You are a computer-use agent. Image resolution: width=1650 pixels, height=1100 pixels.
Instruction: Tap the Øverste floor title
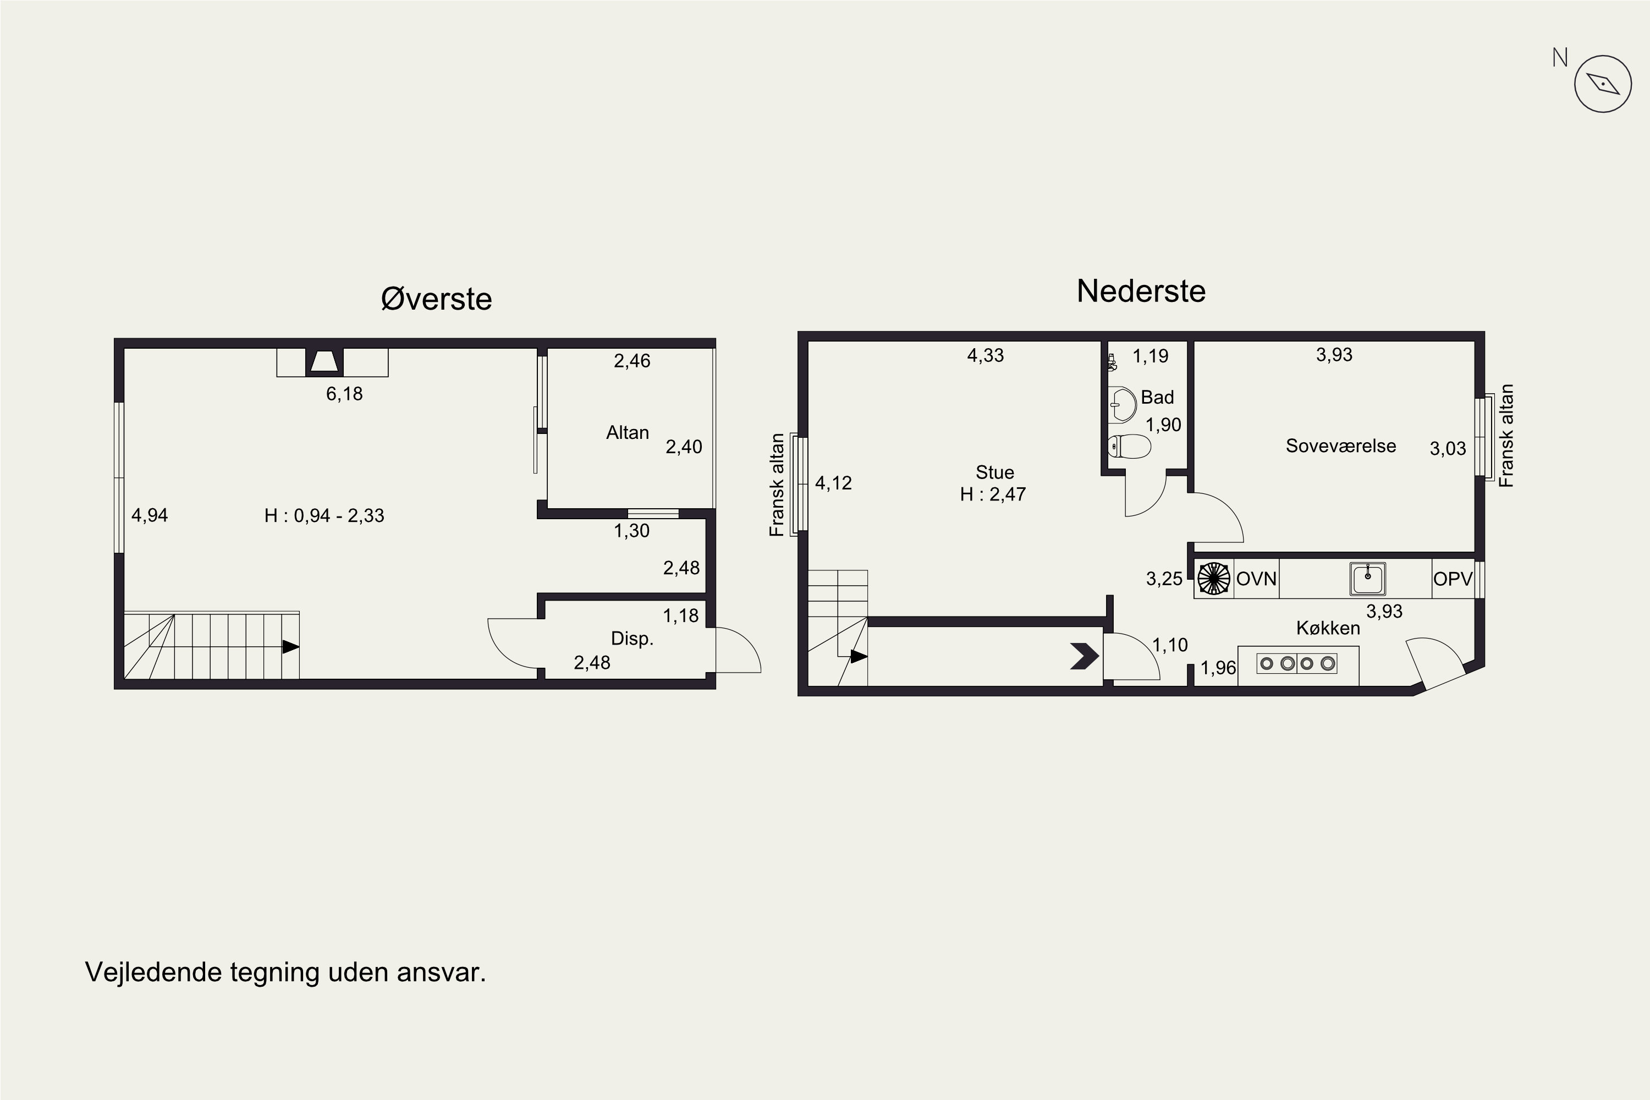(436, 299)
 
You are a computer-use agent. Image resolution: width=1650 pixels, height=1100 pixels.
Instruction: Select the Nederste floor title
(1141, 291)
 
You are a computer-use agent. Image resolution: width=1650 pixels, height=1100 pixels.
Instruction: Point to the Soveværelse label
(1341, 446)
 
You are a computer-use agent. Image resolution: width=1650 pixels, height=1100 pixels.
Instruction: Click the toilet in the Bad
(1130, 446)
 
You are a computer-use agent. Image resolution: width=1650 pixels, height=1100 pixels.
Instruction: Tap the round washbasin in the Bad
(1123, 404)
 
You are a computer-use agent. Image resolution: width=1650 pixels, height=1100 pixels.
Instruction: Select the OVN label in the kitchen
(1256, 579)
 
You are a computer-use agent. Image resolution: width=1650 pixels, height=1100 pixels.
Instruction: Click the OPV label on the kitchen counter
(1453, 579)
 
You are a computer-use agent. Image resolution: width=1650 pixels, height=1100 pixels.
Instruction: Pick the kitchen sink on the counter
(1367, 579)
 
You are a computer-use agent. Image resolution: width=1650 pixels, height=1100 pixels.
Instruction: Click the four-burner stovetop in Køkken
(1297, 663)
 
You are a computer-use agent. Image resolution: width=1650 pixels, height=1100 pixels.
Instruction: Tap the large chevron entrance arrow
(1085, 656)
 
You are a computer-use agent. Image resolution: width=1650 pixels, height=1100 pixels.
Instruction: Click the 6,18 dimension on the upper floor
(344, 394)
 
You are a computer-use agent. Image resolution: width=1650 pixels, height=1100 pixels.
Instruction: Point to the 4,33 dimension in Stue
(986, 356)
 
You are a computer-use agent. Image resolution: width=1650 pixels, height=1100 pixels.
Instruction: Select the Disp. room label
(632, 639)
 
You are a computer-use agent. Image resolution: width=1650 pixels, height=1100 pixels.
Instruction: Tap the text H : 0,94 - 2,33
(324, 516)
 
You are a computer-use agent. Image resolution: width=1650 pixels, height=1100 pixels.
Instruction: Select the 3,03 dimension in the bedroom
(1448, 448)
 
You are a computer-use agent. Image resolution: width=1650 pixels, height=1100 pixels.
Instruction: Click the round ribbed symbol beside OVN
(1214, 579)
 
